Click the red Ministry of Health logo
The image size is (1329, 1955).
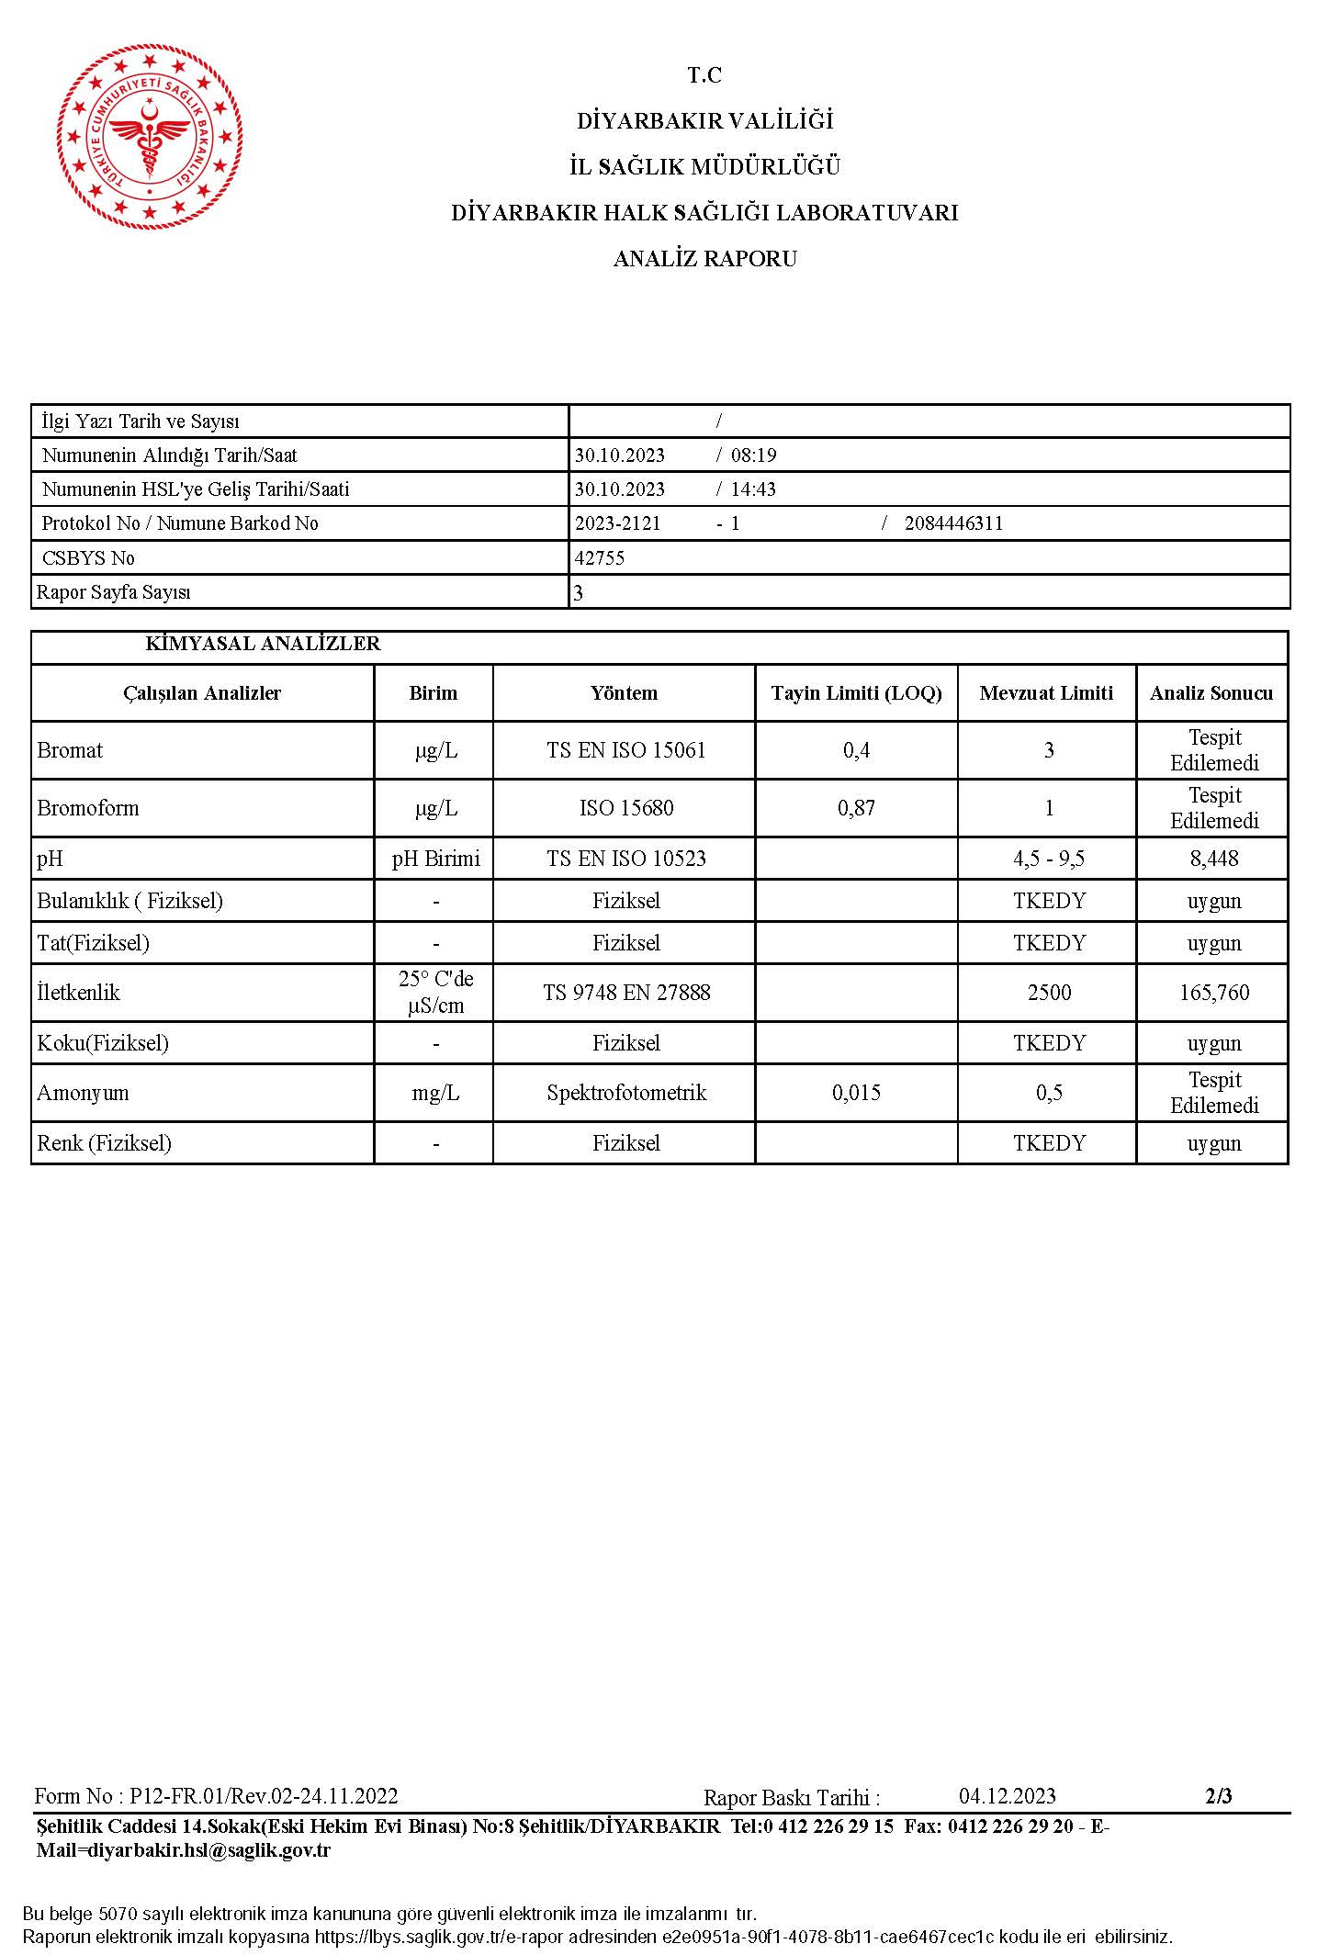point(150,136)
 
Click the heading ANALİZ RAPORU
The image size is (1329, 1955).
point(704,259)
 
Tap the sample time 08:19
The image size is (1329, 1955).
point(753,455)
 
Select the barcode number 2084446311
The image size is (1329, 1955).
point(953,523)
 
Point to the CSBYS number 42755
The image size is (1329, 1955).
point(599,558)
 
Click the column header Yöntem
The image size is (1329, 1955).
point(624,693)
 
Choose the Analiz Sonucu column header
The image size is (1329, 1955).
point(1211,693)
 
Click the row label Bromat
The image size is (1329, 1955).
point(70,750)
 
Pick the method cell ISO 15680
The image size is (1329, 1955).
point(625,808)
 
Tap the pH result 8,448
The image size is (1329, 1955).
point(1213,859)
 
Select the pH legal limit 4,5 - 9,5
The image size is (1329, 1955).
point(1048,859)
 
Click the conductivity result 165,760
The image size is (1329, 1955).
point(1213,993)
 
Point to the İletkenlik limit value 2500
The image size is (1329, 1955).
point(1048,993)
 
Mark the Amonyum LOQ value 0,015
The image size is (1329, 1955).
point(856,1093)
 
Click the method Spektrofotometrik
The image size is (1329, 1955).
point(625,1093)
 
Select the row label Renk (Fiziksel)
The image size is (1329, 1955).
point(104,1143)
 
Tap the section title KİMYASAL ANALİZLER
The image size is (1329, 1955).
point(263,644)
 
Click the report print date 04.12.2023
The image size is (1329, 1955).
point(1007,1796)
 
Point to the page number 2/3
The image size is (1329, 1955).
point(1218,1796)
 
